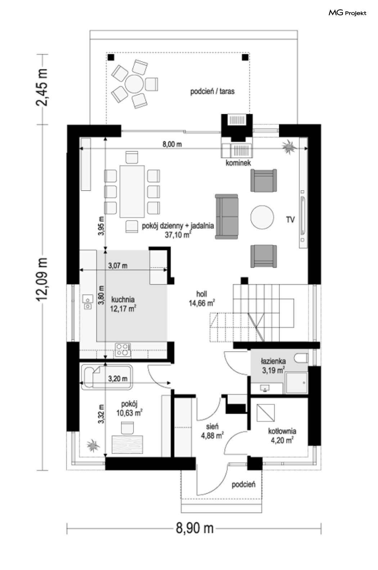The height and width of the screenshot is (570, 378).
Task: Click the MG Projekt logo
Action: pos(347,13)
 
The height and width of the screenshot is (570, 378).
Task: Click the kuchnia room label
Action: pos(123,304)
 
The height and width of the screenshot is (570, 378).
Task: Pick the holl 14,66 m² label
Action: pos(202,298)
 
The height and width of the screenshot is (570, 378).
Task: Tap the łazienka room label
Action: pos(273,365)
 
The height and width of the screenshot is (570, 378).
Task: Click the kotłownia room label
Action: pos(282,435)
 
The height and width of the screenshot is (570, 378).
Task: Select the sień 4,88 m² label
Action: pos(212,431)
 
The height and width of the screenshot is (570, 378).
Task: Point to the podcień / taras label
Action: pos(212,92)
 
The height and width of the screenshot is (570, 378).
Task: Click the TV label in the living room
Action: pos(290,219)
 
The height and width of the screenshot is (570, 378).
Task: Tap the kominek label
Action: pos(238,163)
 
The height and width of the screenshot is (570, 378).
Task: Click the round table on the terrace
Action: pos(134,84)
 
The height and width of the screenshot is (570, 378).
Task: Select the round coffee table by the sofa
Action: pos(262,217)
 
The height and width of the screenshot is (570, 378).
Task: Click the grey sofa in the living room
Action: pos(226,217)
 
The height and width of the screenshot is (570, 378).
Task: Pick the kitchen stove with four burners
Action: pos(123,349)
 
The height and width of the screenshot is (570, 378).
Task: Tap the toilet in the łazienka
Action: pos(301,358)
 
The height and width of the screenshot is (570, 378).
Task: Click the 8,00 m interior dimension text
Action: pos(172,144)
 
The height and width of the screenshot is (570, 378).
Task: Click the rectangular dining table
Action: pos(132,191)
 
